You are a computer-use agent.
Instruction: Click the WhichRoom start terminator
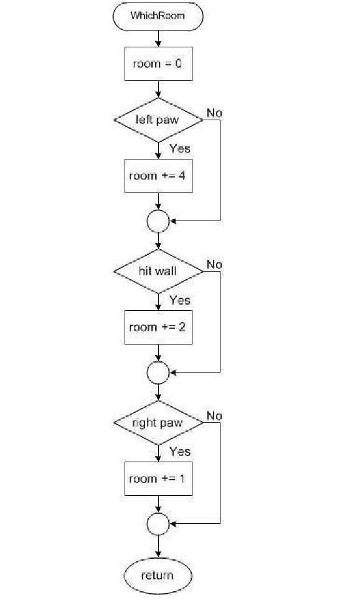click(158, 16)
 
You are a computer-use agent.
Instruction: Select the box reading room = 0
click(158, 64)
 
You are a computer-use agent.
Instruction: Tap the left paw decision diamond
click(158, 120)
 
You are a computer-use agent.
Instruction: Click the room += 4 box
click(158, 176)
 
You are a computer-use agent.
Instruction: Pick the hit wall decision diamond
click(158, 272)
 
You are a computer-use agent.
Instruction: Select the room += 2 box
click(158, 327)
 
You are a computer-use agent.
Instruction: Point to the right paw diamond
click(158, 422)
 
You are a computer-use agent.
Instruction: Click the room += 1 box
click(158, 479)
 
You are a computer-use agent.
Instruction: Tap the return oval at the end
click(158, 576)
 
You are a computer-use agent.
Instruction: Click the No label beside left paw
click(214, 113)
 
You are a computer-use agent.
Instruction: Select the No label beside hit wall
click(214, 264)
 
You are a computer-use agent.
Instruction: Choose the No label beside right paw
click(214, 415)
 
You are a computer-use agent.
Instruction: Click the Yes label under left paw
click(180, 148)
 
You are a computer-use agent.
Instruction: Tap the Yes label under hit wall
click(180, 300)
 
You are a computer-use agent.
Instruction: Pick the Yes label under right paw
click(180, 451)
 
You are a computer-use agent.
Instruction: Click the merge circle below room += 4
click(158, 211)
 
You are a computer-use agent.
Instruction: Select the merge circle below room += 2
click(158, 362)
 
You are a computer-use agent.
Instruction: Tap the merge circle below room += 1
click(158, 513)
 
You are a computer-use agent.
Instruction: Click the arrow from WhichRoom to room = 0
click(158, 39)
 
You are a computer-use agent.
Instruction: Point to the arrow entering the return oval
click(158, 546)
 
